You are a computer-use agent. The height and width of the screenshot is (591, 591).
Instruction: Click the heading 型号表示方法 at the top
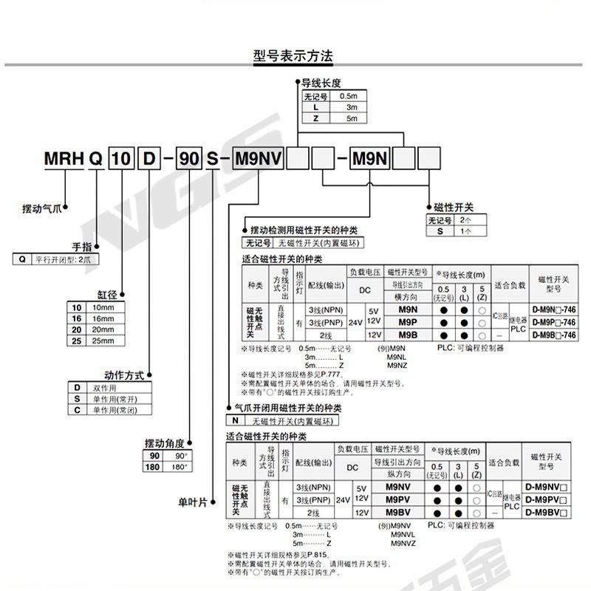pos(293,55)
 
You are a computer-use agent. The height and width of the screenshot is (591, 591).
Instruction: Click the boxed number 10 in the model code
pos(122,159)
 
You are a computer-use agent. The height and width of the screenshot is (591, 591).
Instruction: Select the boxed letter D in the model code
pos(148,159)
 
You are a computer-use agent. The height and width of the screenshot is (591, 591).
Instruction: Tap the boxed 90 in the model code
pos(189,159)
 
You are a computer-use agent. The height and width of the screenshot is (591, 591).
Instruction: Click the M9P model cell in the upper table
pos(407,323)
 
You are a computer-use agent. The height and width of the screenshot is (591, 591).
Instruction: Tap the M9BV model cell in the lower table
pos(397,512)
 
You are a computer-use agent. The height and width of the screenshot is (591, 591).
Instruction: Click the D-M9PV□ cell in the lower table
pos(547,500)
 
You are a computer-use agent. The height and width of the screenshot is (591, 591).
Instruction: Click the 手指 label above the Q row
pos(82,245)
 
